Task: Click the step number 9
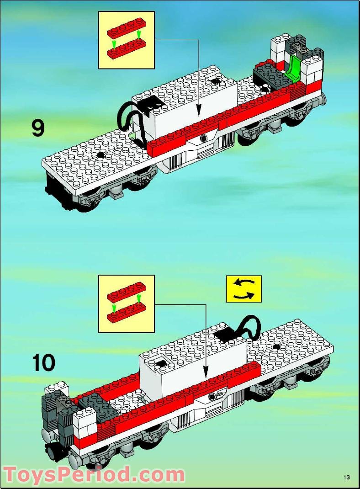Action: [38, 128]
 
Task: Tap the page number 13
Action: [347, 478]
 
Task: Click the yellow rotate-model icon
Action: [244, 289]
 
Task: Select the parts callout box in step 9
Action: [127, 40]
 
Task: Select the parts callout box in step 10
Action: [127, 304]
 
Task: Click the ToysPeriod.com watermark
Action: [94, 474]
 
